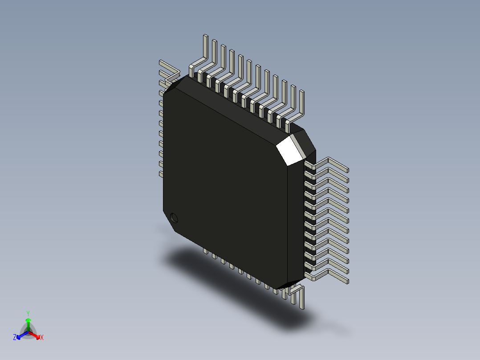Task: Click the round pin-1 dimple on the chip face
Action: (x=174, y=218)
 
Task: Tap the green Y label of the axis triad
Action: (x=28, y=313)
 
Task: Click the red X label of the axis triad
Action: (x=42, y=337)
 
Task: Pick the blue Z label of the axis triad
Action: (x=15, y=337)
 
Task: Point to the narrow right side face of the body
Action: (x=296, y=223)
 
